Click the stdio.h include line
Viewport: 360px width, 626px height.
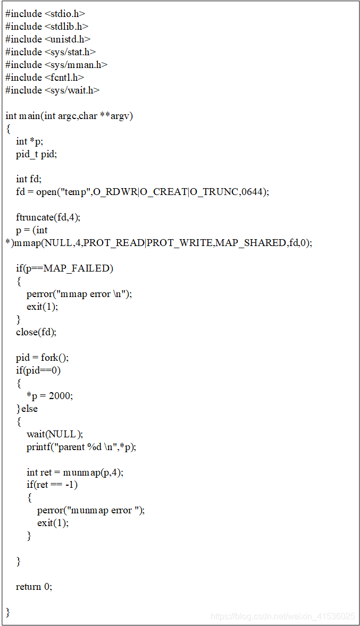click(x=45, y=14)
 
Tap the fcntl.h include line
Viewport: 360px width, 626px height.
click(x=45, y=78)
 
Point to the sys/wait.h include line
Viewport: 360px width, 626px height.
click(x=53, y=90)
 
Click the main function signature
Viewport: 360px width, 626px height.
click(x=69, y=116)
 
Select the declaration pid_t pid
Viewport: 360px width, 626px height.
click(x=36, y=154)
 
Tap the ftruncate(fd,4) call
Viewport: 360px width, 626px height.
click(x=48, y=217)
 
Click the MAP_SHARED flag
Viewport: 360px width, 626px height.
click(x=244, y=243)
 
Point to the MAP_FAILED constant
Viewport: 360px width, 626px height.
click(x=78, y=268)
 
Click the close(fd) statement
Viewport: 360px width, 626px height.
click(x=36, y=332)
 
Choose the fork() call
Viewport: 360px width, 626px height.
click(x=54, y=358)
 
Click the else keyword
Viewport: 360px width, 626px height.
click(x=29, y=409)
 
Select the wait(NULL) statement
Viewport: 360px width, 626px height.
click(x=55, y=434)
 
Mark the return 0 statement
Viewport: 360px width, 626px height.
click(x=34, y=587)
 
